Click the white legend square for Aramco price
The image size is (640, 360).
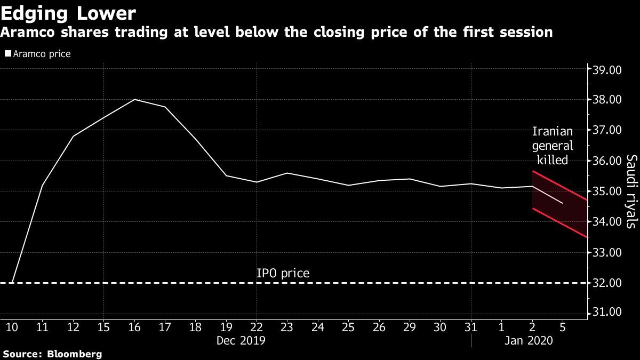(7, 54)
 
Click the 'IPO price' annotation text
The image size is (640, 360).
(283, 274)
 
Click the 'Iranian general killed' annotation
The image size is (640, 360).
(553, 146)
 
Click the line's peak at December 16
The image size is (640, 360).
(134, 100)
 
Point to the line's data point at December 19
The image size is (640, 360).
(227, 175)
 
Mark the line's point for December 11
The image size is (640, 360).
(42, 185)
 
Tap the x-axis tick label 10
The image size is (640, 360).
(11, 325)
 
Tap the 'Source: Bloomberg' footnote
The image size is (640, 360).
(52, 354)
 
